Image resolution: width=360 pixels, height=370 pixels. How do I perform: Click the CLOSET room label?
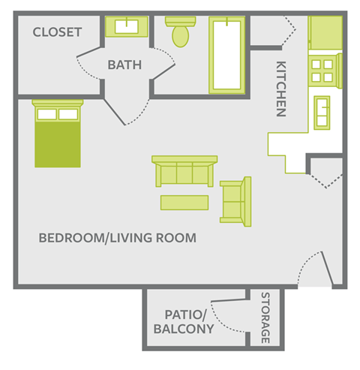click(57, 32)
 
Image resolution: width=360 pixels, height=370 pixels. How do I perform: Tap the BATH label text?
click(124, 65)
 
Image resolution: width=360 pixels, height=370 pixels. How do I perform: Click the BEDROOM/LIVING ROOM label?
click(117, 239)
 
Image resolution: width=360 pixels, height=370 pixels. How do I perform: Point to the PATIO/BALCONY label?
click(184, 322)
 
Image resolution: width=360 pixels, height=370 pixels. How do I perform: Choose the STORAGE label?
click(265, 318)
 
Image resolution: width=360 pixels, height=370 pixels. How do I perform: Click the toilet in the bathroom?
click(181, 34)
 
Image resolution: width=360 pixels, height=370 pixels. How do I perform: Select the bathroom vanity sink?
click(126, 28)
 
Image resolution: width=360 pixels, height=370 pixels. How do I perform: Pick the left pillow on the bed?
click(46, 114)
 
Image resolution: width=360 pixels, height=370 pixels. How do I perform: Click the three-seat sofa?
click(184, 172)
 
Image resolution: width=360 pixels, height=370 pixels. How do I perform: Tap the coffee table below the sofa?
click(184, 203)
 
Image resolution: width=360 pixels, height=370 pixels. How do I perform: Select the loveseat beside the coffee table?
click(236, 200)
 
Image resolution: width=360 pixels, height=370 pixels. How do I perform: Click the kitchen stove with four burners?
click(325, 70)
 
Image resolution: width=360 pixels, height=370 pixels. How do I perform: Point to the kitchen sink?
click(325, 112)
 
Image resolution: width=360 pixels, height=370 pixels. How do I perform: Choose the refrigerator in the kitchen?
click(325, 32)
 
